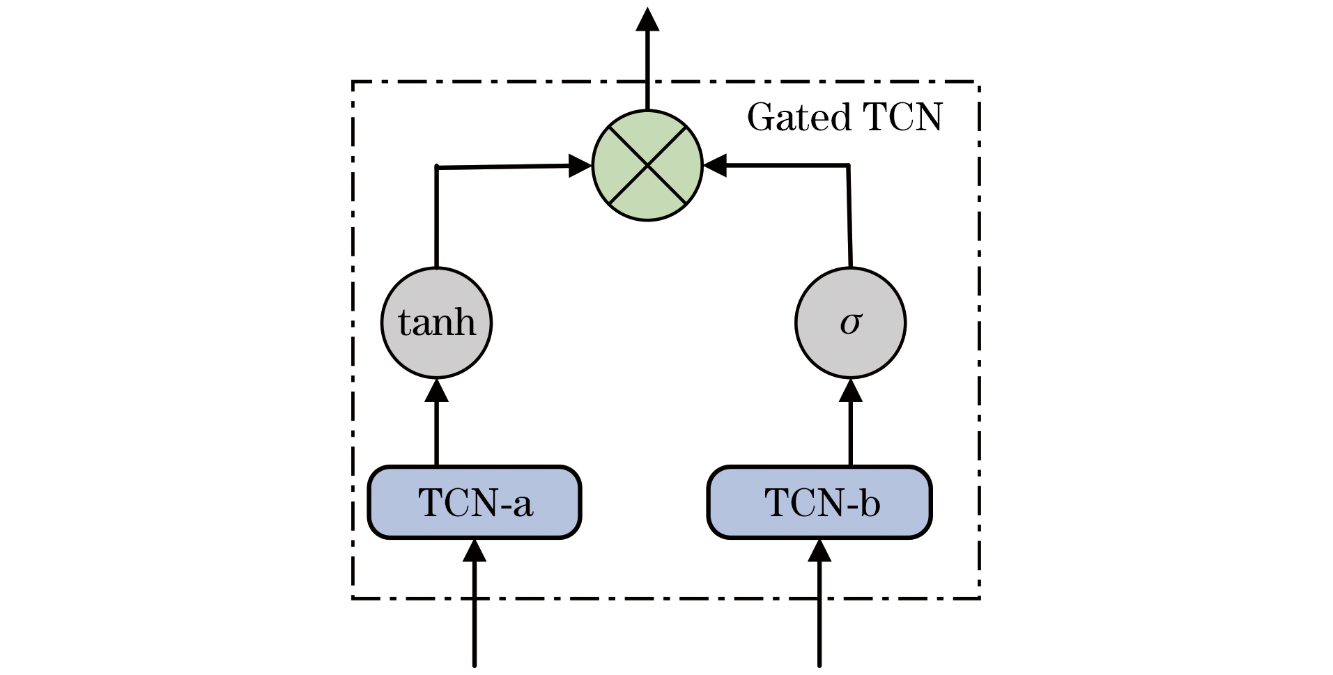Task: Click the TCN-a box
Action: click(x=475, y=502)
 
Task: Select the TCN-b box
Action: click(x=819, y=502)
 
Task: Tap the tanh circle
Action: click(x=437, y=323)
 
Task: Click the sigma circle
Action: click(x=850, y=323)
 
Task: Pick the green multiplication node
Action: click(x=647, y=166)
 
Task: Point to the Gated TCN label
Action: click(x=845, y=117)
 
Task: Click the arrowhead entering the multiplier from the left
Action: click(x=580, y=166)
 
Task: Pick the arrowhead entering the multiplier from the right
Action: click(x=715, y=166)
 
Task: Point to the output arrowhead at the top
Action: click(x=647, y=20)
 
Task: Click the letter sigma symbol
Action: click(x=851, y=323)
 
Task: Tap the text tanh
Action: click(x=437, y=323)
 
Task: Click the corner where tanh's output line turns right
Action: click(x=437, y=167)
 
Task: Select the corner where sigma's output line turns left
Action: click(x=848, y=166)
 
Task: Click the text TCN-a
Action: click(x=476, y=502)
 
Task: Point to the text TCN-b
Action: click(x=822, y=502)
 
